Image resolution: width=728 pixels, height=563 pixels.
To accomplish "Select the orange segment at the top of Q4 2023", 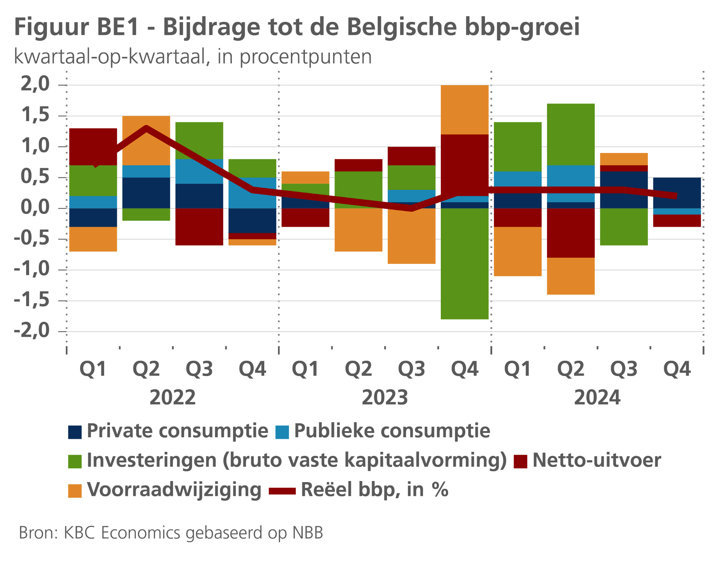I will click(464, 109).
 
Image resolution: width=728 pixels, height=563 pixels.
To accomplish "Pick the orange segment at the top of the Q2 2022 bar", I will click(146, 140).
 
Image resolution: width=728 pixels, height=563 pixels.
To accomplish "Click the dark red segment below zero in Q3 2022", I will click(199, 227).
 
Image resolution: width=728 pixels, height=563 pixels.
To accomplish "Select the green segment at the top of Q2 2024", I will click(571, 134).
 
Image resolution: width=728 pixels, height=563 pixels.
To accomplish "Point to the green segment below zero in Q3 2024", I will click(624, 227).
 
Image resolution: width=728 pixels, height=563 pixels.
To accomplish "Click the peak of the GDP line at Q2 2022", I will click(146, 128).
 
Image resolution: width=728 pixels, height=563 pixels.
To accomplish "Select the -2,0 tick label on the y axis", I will click(32, 331).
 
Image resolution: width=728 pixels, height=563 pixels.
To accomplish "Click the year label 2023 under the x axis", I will click(385, 398).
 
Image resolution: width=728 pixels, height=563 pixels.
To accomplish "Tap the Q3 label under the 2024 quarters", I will click(624, 369).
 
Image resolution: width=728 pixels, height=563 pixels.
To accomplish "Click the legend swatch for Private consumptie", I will click(75, 432).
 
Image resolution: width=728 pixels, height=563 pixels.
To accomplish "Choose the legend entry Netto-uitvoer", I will click(596, 460).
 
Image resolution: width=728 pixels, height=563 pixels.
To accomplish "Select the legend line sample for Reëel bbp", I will click(282, 491).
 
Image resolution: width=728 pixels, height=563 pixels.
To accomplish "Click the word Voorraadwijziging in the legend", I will click(174, 489).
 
